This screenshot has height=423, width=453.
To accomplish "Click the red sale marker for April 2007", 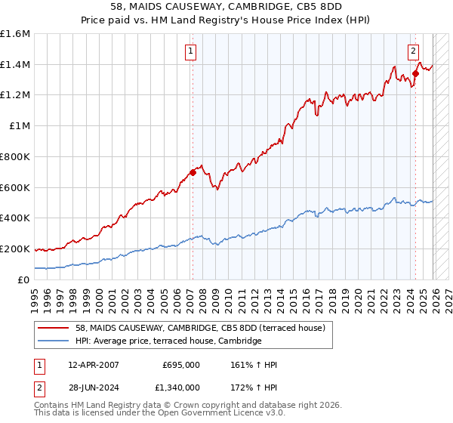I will point(193,172).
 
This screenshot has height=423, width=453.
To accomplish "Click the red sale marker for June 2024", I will point(415,74).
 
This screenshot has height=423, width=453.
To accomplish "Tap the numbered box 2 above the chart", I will point(413,51).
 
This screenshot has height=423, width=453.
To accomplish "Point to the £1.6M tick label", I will point(15,34).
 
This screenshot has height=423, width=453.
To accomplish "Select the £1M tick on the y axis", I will point(20,126).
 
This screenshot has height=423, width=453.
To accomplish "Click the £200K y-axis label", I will point(15,249).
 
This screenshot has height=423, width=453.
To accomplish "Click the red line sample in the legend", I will point(54,328).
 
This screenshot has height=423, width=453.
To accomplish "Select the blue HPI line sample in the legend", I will point(54,341).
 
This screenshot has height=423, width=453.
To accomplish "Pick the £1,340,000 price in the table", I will point(180,389).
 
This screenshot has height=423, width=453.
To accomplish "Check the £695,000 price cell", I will point(181,365).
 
